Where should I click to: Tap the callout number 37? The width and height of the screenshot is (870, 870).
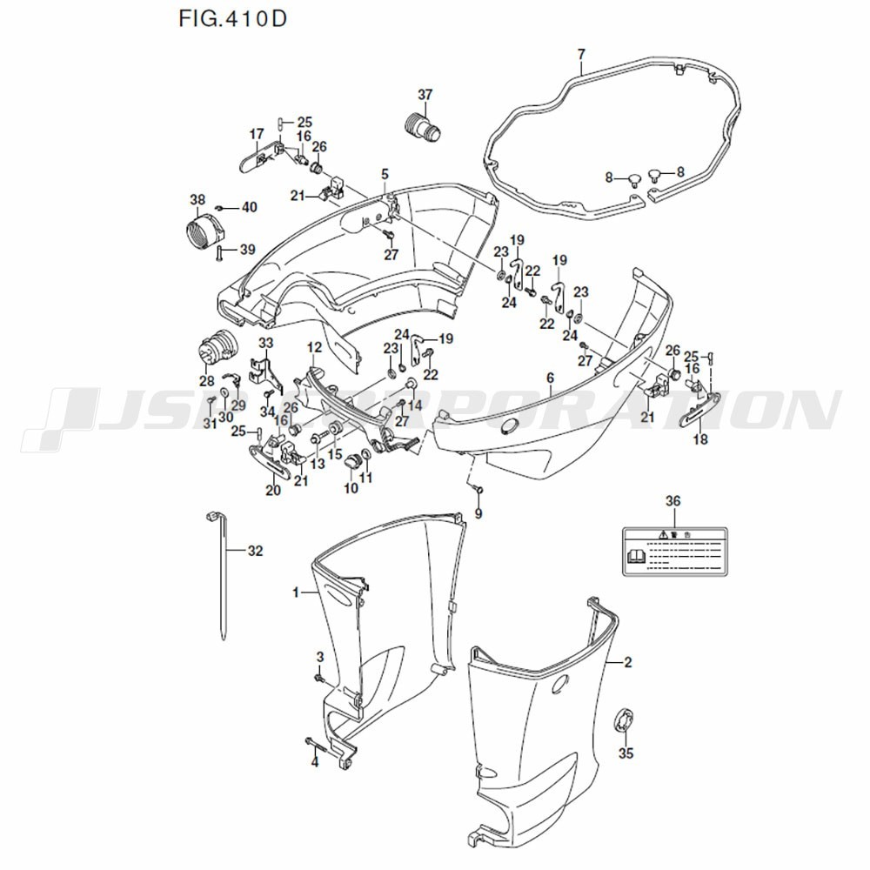point(425,94)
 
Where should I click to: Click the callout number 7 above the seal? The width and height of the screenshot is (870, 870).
point(581,56)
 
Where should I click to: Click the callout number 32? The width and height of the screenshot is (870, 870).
point(255,551)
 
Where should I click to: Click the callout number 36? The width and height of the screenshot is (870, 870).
point(673,500)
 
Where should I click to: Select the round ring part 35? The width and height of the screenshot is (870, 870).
point(626,721)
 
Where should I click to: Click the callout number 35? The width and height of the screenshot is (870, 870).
point(626,753)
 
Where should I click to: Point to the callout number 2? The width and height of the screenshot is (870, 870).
point(628,662)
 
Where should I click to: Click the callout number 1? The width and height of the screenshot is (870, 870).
point(296,592)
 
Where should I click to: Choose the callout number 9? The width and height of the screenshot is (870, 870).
point(478,514)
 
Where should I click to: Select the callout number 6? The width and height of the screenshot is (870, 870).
point(550,378)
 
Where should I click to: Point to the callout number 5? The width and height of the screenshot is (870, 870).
point(385,174)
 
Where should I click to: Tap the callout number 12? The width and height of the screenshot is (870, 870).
point(314,347)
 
